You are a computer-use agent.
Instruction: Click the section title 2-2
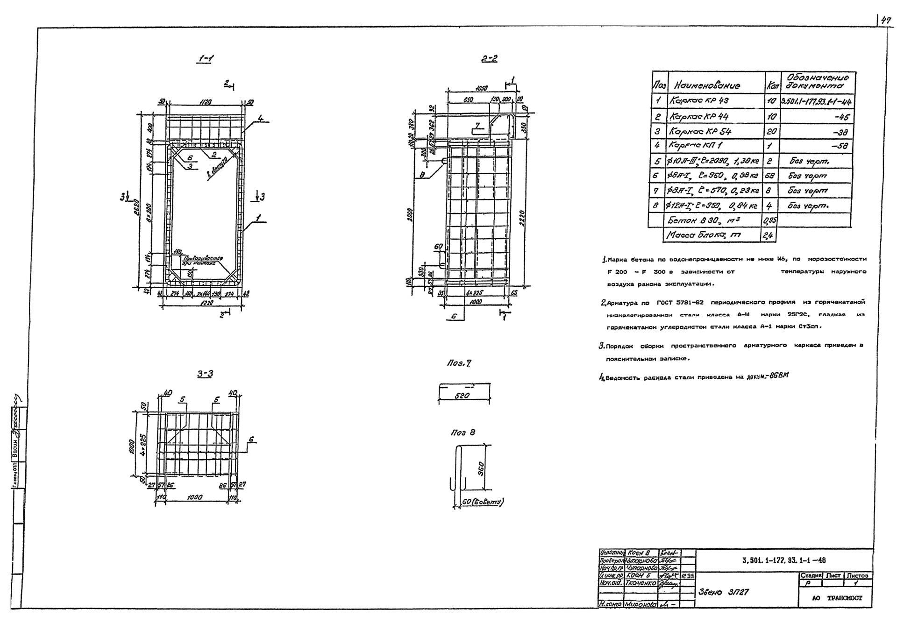click(489, 59)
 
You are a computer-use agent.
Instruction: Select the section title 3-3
click(205, 374)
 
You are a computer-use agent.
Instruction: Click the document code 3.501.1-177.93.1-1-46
click(783, 560)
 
